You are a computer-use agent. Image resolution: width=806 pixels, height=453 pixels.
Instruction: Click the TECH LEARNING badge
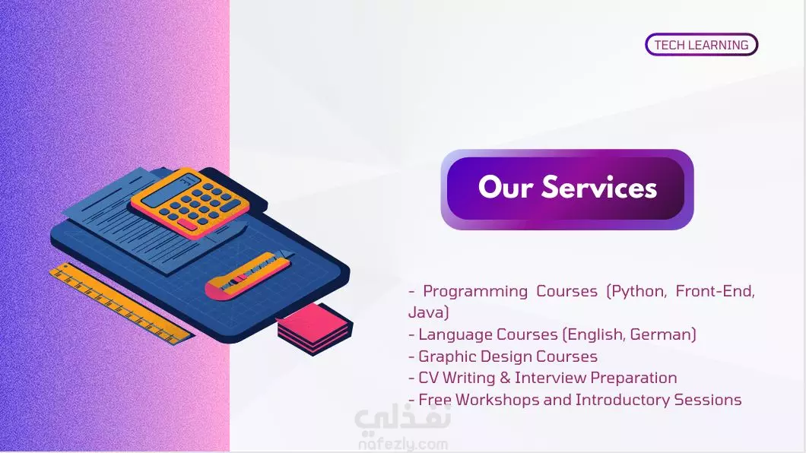[701, 45]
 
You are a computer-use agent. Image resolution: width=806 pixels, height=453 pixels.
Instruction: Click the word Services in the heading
[599, 186]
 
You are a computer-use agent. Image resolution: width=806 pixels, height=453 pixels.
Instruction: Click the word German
[662, 334]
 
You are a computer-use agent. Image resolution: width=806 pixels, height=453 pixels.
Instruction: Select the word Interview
[551, 378]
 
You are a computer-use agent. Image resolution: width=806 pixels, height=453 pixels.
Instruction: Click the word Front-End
[715, 291]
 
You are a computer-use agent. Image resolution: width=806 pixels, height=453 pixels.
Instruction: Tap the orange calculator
[190, 204]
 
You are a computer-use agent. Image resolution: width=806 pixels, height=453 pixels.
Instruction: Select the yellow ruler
[122, 303]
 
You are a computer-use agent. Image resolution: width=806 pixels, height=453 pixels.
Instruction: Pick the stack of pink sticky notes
[315, 328]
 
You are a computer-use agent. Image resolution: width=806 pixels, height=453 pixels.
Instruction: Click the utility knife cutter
[249, 274]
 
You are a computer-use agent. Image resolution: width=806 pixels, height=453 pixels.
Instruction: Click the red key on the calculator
[187, 225]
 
